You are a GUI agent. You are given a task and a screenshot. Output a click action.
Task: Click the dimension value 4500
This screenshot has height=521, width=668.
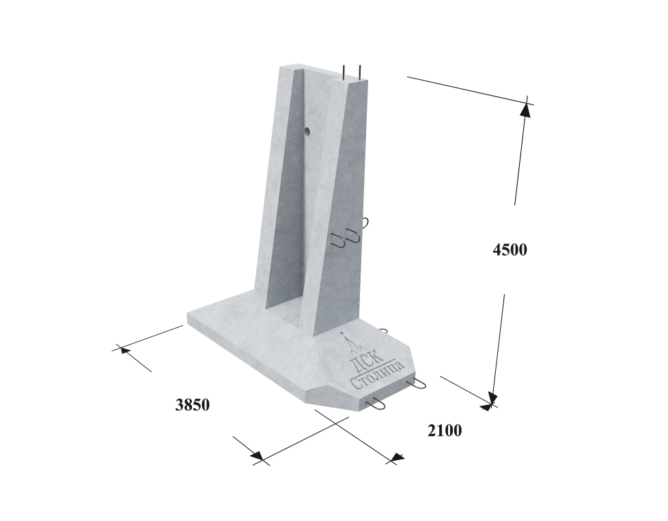pyautogui.click(x=510, y=250)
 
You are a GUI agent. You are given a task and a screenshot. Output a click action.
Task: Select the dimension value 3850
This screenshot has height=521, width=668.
pyautogui.click(x=193, y=405)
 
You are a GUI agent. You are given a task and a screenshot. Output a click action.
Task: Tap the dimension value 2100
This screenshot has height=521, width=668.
pyautogui.click(x=445, y=431)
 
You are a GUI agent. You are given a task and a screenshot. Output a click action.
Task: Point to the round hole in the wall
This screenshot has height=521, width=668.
pyautogui.click(x=307, y=131)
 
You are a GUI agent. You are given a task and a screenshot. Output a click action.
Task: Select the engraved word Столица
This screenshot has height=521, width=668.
pyautogui.click(x=376, y=375)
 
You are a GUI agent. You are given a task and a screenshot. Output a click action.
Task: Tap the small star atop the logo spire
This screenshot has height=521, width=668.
pyautogui.click(x=341, y=334)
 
